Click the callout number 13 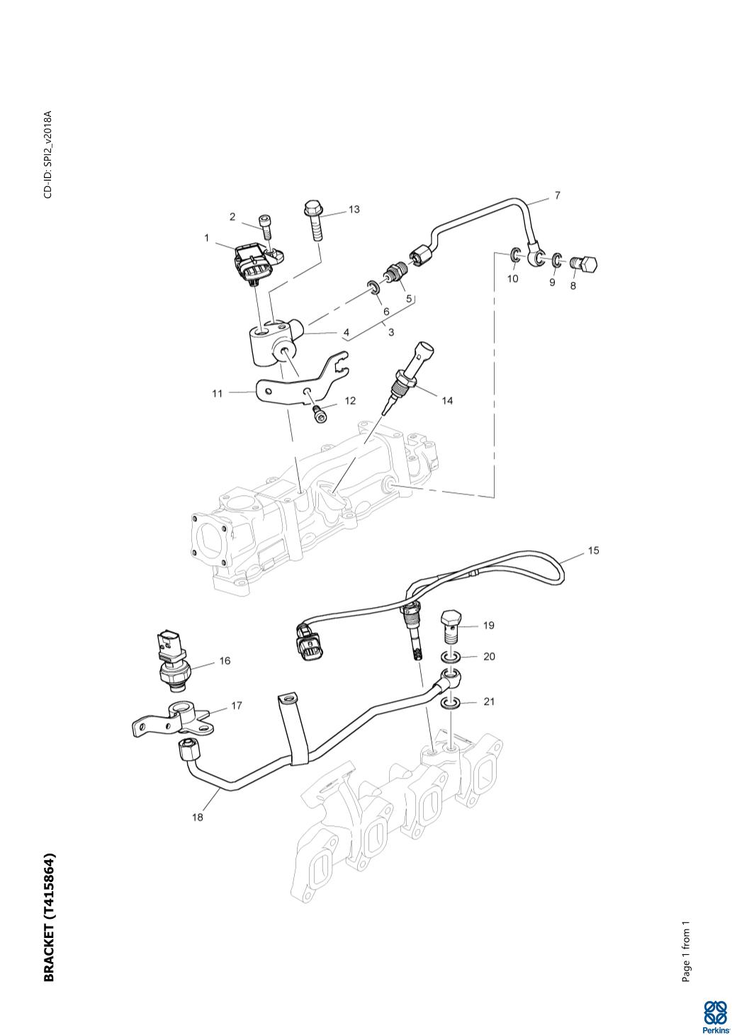353,209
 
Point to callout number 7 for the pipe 557,195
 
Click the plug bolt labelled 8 587,266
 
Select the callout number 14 446,400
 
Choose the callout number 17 237,706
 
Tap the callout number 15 593,550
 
